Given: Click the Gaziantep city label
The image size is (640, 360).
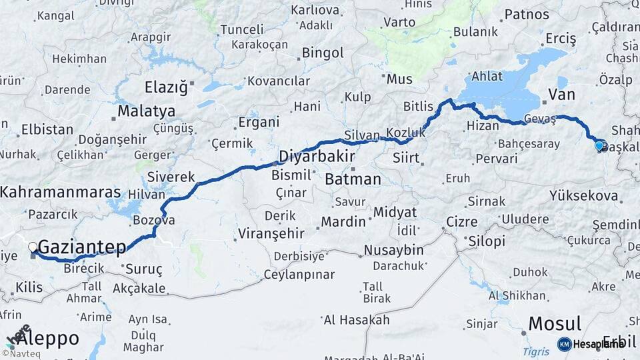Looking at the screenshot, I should tap(83, 248).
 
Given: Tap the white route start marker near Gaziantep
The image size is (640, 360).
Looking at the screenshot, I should tap(33, 247).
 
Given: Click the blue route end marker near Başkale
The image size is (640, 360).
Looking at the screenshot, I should tap(599, 145).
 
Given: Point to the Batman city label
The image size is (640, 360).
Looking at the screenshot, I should tap(353, 179).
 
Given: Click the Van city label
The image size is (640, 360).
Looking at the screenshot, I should tap(561, 94).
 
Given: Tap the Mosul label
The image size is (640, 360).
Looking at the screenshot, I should tap(556, 324).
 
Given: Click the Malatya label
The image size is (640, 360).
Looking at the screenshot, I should tap(147, 111).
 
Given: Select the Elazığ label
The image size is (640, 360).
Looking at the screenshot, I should tap(167, 87).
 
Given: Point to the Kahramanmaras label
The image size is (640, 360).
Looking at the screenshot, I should tap(61, 192).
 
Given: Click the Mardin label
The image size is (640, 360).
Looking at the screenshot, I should tap(343, 221).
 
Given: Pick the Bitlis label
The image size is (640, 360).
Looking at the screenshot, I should tap(418, 107).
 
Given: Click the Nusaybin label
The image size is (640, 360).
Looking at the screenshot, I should tap(393, 250).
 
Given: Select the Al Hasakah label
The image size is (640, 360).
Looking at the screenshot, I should tap(356, 320).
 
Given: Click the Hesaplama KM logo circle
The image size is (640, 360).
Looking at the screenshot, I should tap(564, 344).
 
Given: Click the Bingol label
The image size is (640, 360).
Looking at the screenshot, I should tap(323, 53).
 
